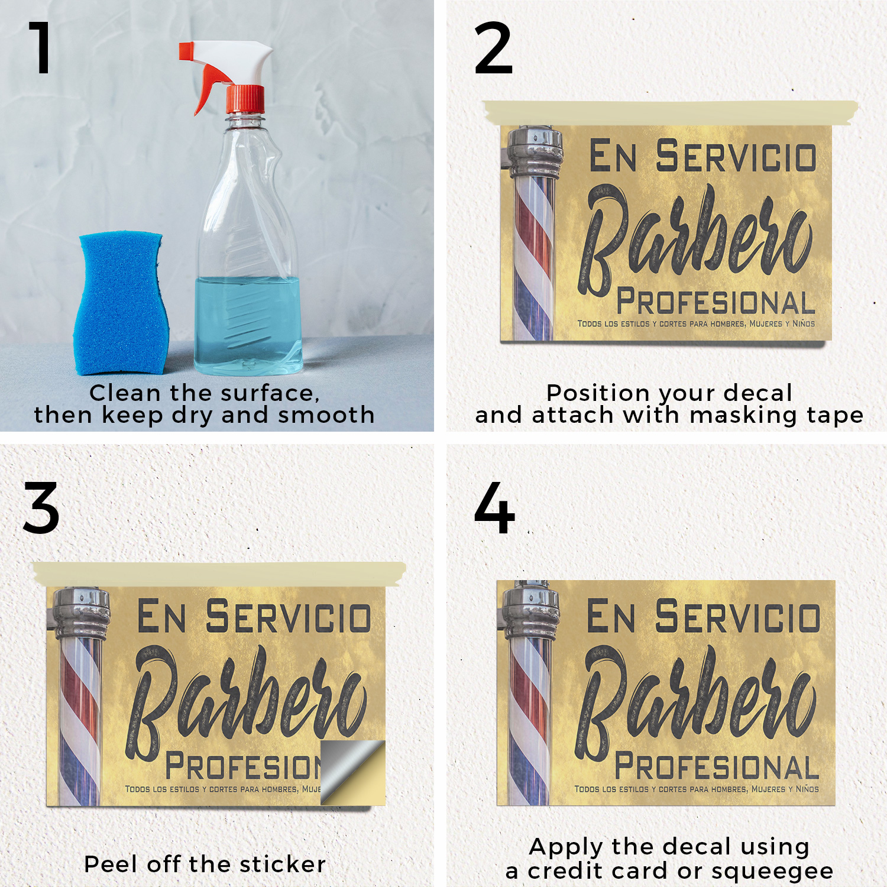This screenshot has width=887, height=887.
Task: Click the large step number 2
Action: (x=493, y=48)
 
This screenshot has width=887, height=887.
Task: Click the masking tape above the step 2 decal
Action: (x=671, y=113)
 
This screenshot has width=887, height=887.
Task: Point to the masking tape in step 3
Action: (x=219, y=574)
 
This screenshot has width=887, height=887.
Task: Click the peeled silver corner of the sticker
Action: (x=352, y=772)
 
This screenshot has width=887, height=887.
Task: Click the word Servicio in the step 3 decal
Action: (x=288, y=616)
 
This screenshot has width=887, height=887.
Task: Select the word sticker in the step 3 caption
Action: (x=283, y=865)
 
